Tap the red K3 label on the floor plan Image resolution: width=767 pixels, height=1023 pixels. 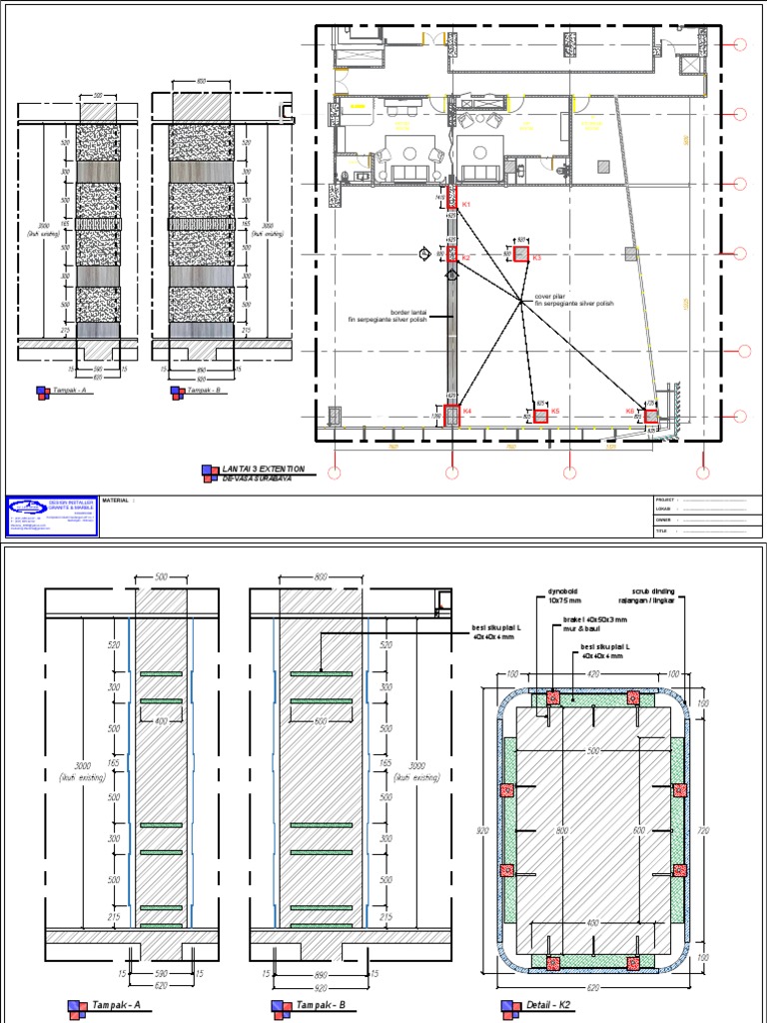(x=536, y=259)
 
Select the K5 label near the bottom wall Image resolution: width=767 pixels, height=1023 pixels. (x=555, y=411)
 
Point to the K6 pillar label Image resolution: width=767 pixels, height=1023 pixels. (x=630, y=411)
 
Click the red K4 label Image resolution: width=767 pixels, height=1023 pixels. (x=466, y=411)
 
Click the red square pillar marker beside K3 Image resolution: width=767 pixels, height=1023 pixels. (x=519, y=255)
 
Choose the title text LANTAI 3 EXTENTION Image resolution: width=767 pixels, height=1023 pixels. (x=264, y=468)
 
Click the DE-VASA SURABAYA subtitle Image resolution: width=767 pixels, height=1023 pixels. (x=261, y=478)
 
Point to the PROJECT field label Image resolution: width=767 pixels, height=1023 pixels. (x=666, y=499)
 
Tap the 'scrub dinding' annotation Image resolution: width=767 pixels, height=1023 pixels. (x=655, y=590)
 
